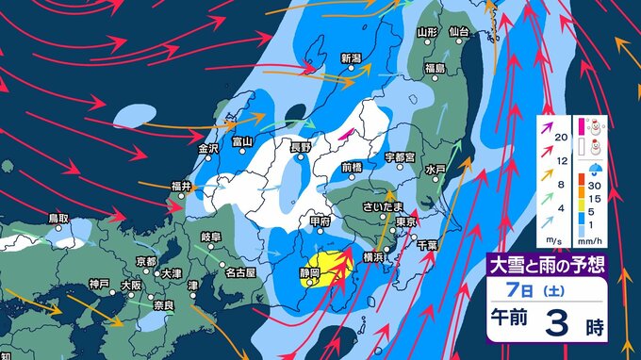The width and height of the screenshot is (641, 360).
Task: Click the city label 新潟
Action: point(352,57)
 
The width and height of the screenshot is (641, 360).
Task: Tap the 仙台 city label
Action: point(459,32)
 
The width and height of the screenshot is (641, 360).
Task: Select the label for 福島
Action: point(435,69)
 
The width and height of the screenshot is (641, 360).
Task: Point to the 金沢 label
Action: point(208,148)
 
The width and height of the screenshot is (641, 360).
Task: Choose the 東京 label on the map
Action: point(406,221)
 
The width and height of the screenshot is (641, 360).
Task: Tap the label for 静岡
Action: point(311,273)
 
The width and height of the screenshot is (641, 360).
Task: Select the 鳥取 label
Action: point(58,218)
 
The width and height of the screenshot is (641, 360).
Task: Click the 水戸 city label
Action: point(435,170)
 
